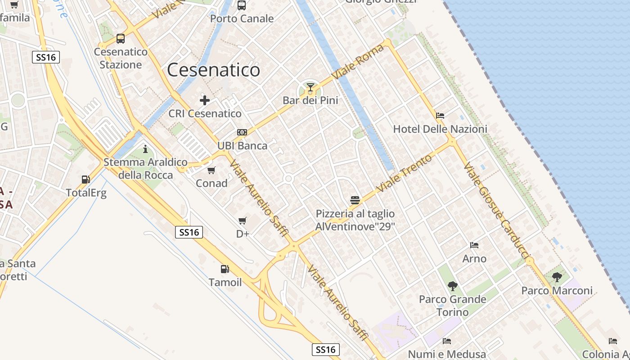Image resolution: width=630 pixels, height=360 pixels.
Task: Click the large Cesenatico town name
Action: [213, 70]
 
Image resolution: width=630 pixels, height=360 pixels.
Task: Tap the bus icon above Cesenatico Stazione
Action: [120, 39]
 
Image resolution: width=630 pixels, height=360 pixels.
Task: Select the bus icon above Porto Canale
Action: [242, 5]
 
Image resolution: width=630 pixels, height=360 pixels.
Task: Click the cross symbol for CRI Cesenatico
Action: [205, 100]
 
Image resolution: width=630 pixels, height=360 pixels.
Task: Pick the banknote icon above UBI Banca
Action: [242, 132]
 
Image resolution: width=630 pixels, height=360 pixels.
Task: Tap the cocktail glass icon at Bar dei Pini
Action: [310, 87]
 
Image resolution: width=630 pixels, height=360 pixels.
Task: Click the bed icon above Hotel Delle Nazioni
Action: [440, 116]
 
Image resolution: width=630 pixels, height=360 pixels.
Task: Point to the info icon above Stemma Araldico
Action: [145, 148]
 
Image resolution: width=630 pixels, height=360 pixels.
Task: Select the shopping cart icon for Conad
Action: [211, 170]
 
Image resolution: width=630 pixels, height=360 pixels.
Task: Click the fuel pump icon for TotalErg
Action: [85, 180]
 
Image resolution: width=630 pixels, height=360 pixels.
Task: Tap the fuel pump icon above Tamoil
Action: [225, 269]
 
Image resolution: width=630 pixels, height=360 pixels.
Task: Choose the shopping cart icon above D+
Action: [243, 220]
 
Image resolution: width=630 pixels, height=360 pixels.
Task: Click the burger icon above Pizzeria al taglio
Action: [355, 200]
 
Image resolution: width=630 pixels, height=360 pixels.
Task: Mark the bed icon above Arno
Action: [474, 245]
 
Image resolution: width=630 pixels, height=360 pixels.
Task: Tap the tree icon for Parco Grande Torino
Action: [453, 286]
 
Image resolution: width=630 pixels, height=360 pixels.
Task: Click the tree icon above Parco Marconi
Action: [557, 277]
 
